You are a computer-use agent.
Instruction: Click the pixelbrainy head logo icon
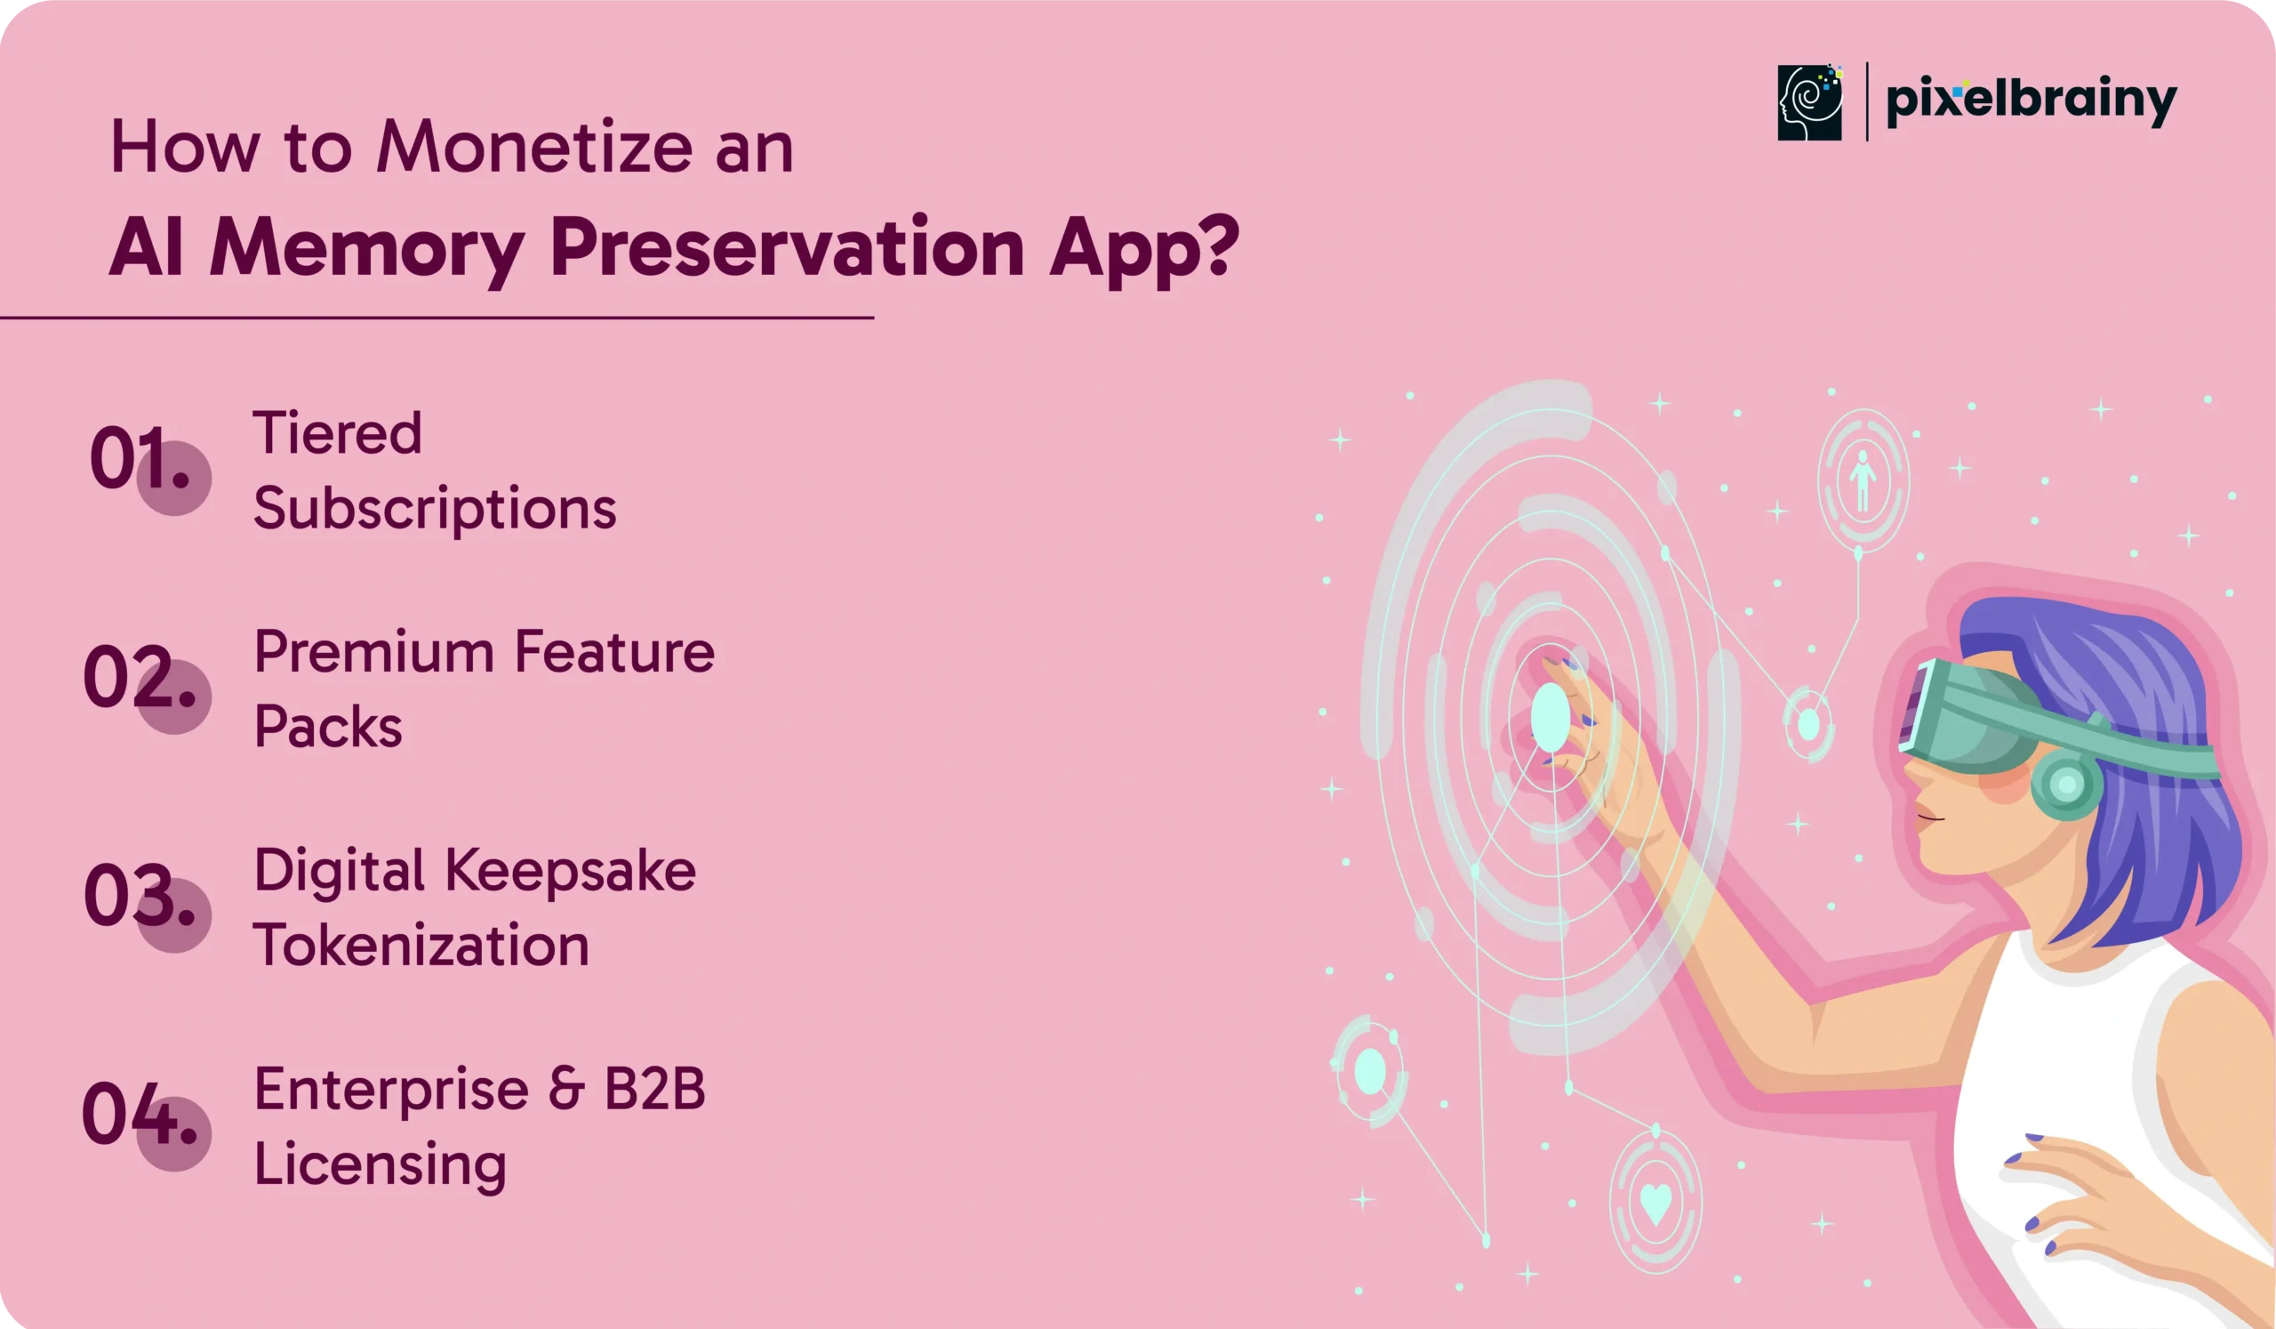point(1810,102)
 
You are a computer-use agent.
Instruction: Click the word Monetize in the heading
point(534,147)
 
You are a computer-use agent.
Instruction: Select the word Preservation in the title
point(787,248)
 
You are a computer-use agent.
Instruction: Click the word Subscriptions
point(436,510)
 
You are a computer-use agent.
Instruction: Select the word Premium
point(374,651)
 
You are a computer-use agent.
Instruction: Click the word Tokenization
point(421,945)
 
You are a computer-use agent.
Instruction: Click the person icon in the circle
point(1863,480)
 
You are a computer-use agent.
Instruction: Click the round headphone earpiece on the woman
point(2066,785)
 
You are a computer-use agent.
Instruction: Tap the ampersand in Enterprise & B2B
point(566,1089)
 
